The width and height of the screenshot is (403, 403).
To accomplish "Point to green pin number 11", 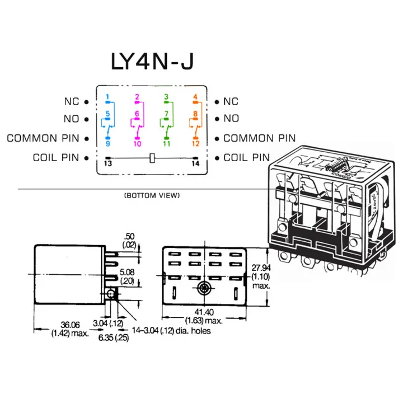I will coord(167,143).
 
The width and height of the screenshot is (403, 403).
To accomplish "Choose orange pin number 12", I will coord(196,143).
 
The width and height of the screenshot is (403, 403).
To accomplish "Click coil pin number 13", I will coord(108,163).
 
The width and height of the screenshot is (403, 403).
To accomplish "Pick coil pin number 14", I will coord(195,163).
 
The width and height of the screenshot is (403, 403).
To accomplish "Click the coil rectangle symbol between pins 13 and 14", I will coord(152,158).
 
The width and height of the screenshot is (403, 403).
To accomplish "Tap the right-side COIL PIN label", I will coord(247,158).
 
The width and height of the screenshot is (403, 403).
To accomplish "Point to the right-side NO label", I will coord(231,119).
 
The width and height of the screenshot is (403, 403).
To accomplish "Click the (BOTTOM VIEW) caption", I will coord(152,196).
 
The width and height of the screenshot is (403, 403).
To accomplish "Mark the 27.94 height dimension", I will coord(260,268).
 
